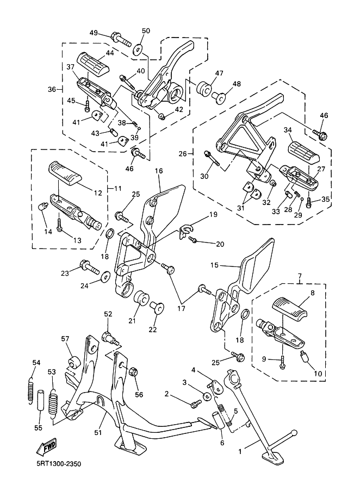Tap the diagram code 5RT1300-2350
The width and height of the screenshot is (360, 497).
[59, 464]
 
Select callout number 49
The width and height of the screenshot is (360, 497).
[94, 33]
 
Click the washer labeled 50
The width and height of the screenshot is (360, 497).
[138, 49]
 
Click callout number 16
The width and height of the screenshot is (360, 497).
[159, 171]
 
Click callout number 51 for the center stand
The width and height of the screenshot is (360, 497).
[98, 432]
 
